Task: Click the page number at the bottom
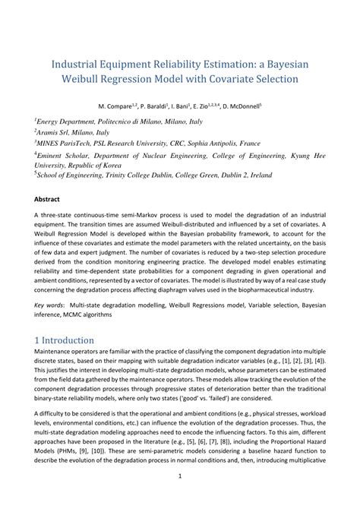179,498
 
